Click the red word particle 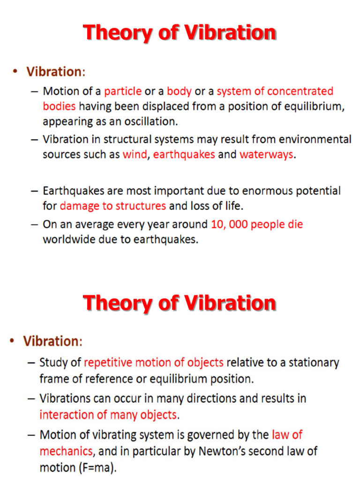pyautogui.click(x=122, y=91)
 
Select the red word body pyautogui.click(x=179, y=91)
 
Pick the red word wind pyautogui.click(x=135, y=154)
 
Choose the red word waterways pyautogui.click(x=266, y=154)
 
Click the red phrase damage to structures pyautogui.click(x=113, y=206)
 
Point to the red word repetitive pyautogui.click(x=109, y=362)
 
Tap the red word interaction pyautogui.click(x=67, y=414)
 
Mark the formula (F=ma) pyautogui.click(x=98, y=468)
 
